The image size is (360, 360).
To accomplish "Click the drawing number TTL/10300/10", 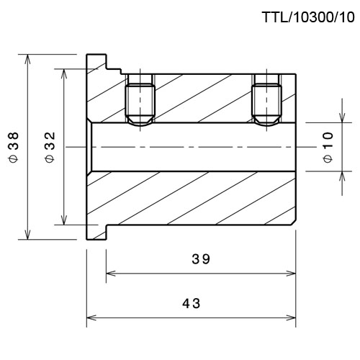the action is pyautogui.click(x=308, y=17).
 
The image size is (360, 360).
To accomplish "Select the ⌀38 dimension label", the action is pyautogui.click(x=14, y=147).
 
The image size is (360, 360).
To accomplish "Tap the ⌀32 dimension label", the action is pyautogui.click(x=50, y=147).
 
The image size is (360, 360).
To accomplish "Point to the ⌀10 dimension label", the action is pyautogui.click(x=328, y=147).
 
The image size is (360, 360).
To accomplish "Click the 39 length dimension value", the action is pyautogui.click(x=201, y=259).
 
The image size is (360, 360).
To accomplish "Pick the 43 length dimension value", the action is pyautogui.click(x=191, y=303).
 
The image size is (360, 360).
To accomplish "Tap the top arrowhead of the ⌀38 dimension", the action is pyautogui.click(x=28, y=59).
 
